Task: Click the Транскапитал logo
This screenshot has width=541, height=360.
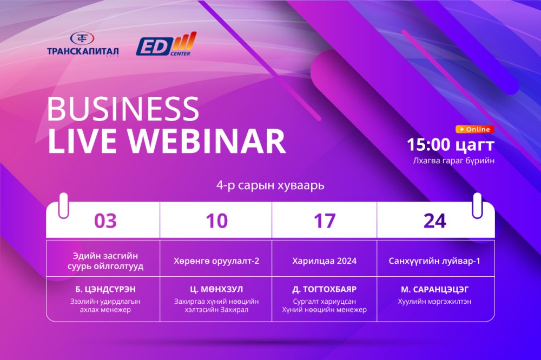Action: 83,44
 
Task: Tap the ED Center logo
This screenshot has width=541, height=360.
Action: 166,44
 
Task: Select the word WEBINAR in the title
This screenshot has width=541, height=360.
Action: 207,141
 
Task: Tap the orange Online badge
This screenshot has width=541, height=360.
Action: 475,129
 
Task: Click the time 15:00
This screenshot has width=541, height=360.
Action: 428,145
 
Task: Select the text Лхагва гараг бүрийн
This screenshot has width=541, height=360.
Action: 454,161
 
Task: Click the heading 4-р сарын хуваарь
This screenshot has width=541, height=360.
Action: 270,185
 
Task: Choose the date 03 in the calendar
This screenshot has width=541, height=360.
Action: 105,221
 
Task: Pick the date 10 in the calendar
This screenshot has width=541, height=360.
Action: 217,221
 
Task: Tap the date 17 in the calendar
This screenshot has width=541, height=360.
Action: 324,221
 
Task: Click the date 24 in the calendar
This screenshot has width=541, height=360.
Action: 435,221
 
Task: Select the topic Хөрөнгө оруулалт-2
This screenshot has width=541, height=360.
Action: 216,261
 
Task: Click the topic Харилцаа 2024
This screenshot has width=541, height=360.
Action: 324,261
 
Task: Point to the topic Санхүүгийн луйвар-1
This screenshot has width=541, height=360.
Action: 434,261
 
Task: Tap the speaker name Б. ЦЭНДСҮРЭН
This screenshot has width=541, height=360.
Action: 105,289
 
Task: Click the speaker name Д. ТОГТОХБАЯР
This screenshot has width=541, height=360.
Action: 324,289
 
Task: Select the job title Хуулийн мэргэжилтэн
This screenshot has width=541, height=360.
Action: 434,302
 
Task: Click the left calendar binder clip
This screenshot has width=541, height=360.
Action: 63,205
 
